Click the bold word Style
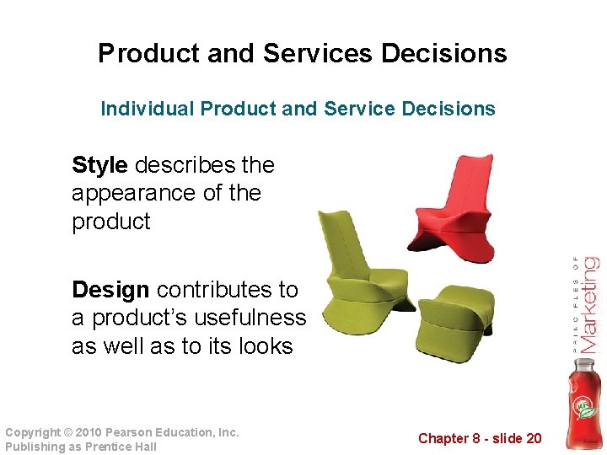100,164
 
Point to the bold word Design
110,290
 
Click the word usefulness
254,318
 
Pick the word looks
261,347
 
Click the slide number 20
533,438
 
